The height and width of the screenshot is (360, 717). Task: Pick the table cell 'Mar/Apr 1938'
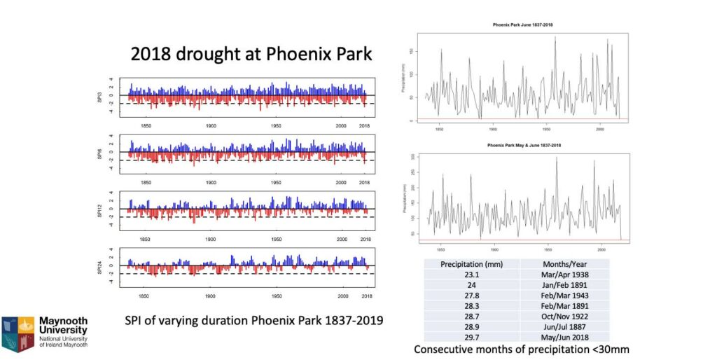(564, 275)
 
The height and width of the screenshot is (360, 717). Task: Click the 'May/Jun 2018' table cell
(564, 337)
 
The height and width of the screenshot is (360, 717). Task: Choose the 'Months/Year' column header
(564, 264)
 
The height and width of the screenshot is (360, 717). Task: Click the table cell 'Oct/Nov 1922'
(564, 317)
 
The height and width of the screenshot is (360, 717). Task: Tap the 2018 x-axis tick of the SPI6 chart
(364, 182)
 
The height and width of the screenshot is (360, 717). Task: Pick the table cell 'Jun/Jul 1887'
(564, 327)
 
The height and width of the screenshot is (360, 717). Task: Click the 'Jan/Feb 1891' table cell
(564, 286)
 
